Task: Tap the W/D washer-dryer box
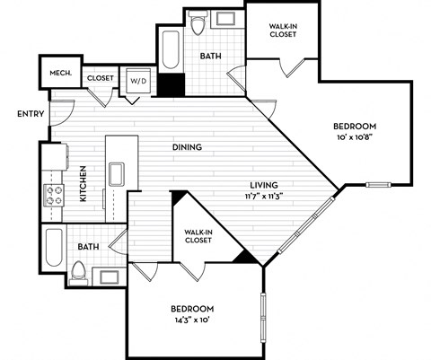point(140,78)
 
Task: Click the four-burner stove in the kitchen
point(54,196)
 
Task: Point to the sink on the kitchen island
point(115,173)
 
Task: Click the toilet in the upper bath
point(199,24)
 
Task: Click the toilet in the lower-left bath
point(78,270)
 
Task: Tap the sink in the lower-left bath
point(110,275)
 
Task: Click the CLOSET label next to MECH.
point(101,78)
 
